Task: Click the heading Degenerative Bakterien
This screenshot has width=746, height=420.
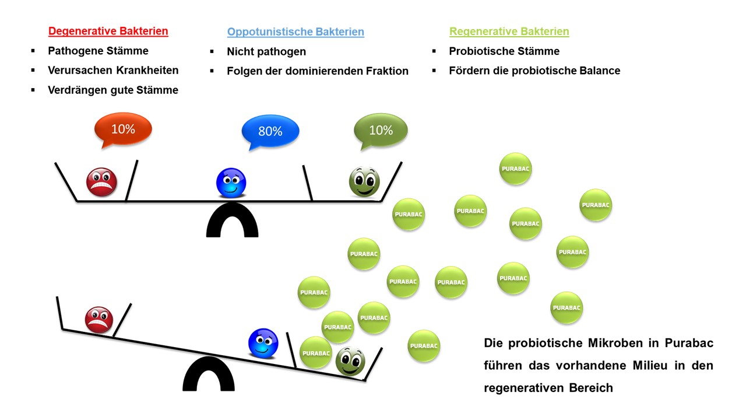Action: (x=108, y=32)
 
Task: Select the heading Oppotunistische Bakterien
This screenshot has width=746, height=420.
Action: (x=295, y=32)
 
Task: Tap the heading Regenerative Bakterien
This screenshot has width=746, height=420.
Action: (x=509, y=32)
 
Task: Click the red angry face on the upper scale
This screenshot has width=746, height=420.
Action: (x=101, y=181)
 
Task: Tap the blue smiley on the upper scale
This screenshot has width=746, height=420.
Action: (x=231, y=183)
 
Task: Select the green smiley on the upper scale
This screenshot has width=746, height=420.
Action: (x=364, y=182)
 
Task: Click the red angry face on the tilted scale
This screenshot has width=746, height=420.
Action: (x=99, y=320)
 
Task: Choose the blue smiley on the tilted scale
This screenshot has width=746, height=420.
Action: (x=263, y=343)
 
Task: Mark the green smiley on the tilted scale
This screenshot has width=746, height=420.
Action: (x=350, y=362)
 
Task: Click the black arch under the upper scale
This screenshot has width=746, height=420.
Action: (x=232, y=220)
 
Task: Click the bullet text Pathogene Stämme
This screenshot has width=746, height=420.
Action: (x=98, y=51)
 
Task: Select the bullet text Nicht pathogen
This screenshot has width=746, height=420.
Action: (x=266, y=52)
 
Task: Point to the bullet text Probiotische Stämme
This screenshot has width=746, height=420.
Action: (x=504, y=51)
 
